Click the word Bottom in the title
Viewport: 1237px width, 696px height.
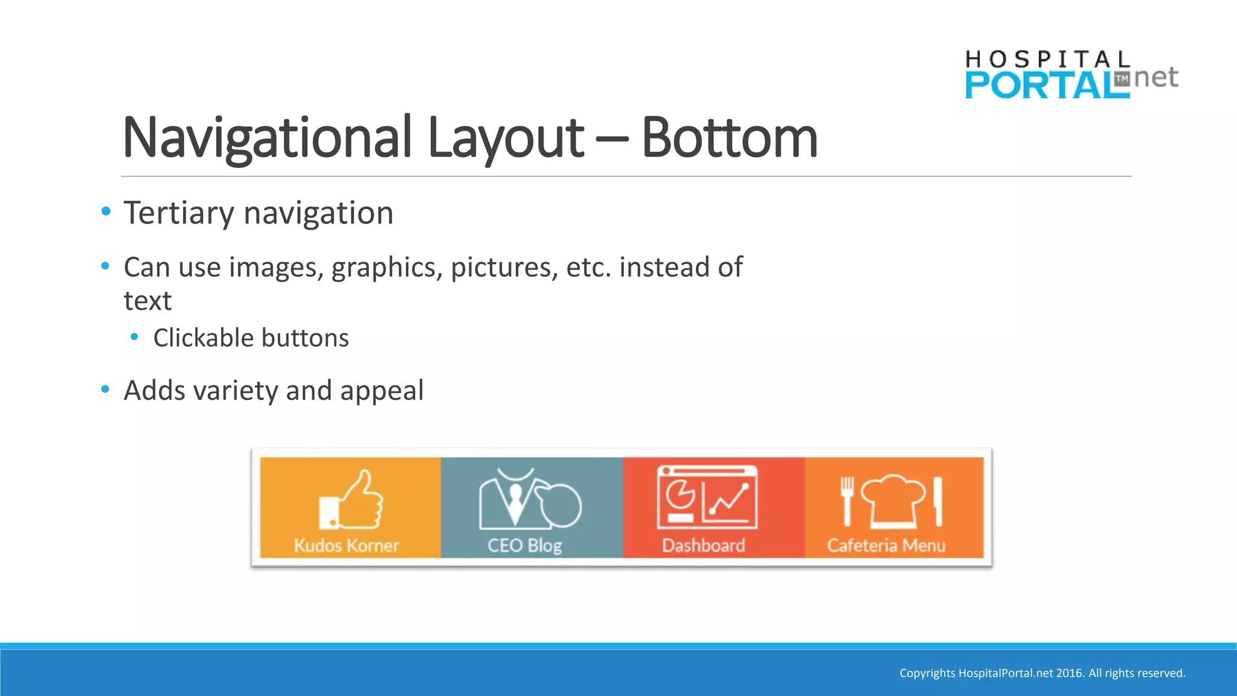[x=729, y=138]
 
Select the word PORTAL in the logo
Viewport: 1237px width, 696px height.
[x=1046, y=86]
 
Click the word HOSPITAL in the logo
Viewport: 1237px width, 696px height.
[x=1047, y=59]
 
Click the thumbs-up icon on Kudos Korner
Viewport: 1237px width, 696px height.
[x=352, y=500]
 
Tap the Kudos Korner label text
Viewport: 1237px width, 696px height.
[x=346, y=546]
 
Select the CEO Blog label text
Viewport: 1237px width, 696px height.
[x=524, y=546]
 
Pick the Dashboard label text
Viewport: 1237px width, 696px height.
[x=703, y=546]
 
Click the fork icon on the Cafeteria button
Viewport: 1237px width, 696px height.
[x=847, y=500]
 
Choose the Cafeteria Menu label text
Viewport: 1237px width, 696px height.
[x=885, y=546]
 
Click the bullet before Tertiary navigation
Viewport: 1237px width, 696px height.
[x=106, y=211]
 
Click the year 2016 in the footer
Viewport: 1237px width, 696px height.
[x=1069, y=673]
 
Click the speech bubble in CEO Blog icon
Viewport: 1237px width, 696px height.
[x=560, y=504]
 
